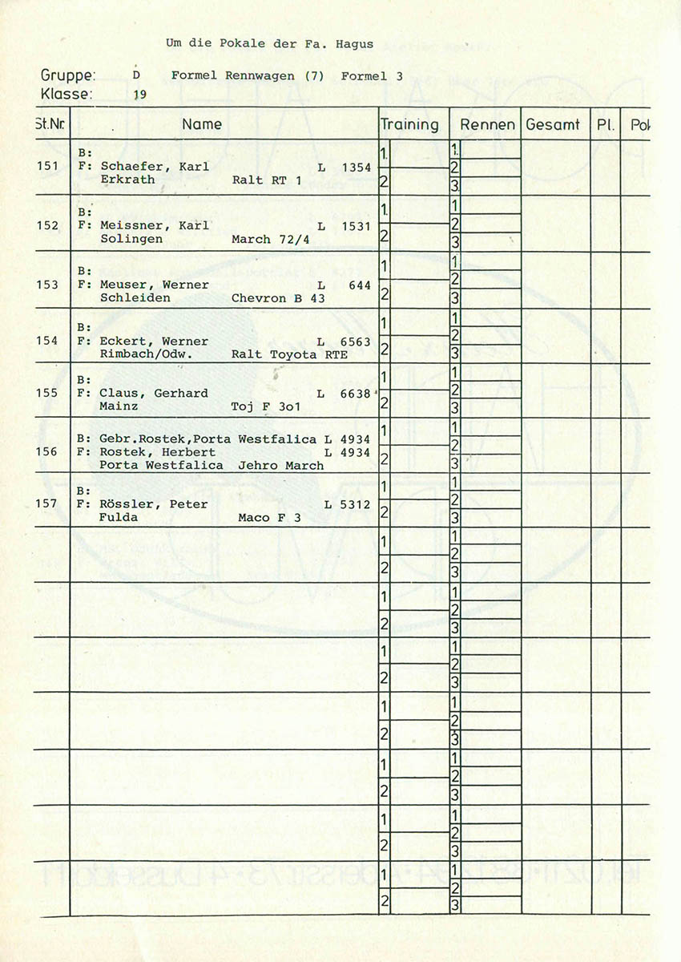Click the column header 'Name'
[x=202, y=124]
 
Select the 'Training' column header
[x=409, y=124]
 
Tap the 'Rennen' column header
[x=487, y=125]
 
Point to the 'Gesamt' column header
[x=553, y=125]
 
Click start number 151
[x=47, y=167]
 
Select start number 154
[x=47, y=341]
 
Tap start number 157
[x=47, y=504]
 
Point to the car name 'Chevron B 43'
[x=277, y=298]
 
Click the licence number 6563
[x=355, y=342]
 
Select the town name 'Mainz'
[x=116, y=406]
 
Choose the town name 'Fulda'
[x=119, y=518]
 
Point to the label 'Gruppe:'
[x=68, y=76]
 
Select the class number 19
[x=139, y=95]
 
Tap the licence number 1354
[x=356, y=167]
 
